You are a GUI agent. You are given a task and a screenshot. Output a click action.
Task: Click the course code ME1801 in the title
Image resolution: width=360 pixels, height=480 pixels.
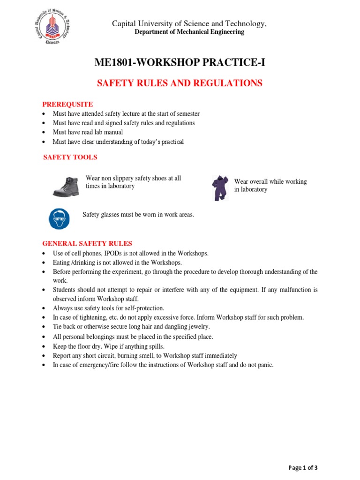(x=115, y=62)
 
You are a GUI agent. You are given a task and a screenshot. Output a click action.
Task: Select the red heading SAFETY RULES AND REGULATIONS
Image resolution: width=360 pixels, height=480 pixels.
(x=180, y=83)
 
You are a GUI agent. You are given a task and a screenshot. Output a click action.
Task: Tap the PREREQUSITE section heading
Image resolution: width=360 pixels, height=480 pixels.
(x=67, y=104)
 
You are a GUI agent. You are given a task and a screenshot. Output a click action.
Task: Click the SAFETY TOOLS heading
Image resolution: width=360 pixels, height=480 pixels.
(x=70, y=157)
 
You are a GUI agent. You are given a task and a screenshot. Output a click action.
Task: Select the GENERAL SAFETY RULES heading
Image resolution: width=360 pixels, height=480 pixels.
(x=87, y=243)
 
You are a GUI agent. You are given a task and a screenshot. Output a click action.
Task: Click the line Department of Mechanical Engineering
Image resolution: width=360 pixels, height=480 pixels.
(x=189, y=32)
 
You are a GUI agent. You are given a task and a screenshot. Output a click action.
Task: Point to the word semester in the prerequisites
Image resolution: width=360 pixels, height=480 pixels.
(x=187, y=114)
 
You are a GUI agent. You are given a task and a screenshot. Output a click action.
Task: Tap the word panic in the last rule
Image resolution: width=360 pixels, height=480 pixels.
(x=264, y=365)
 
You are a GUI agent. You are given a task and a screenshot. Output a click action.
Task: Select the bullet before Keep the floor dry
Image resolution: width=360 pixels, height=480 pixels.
(x=44, y=347)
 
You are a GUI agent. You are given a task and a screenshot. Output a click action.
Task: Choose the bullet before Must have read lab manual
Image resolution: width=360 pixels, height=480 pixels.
(x=44, y=133)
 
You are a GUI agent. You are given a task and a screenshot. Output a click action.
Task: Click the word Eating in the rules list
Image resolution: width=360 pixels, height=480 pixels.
(x=61, y=262)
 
